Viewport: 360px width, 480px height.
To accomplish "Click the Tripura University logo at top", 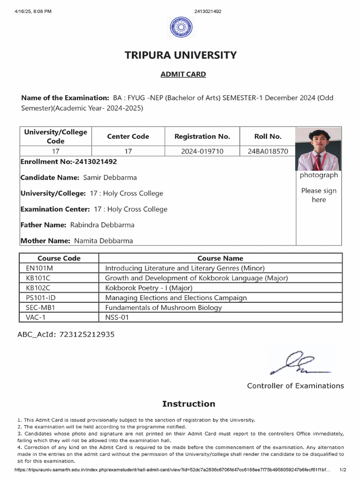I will (181, 27).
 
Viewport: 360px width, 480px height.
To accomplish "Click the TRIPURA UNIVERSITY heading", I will (180, 55).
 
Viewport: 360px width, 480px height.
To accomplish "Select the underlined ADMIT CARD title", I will (183, 74).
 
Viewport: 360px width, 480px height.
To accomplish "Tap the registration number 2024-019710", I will (202, 151).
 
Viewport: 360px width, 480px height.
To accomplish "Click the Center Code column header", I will (128, 136).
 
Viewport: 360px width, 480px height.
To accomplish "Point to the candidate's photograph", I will (318, 150).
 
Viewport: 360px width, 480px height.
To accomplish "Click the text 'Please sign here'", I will (319, 195).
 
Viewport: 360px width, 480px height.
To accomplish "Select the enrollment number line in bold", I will (69, 162).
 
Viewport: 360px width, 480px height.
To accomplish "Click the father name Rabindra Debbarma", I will (102, 225).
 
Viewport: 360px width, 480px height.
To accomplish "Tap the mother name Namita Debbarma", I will (103, 241).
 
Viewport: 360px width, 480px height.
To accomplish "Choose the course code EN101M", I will (40, 268).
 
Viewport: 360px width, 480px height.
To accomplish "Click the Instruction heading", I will (188, 404).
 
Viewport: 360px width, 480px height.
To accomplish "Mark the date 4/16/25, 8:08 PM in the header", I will (33, 11).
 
